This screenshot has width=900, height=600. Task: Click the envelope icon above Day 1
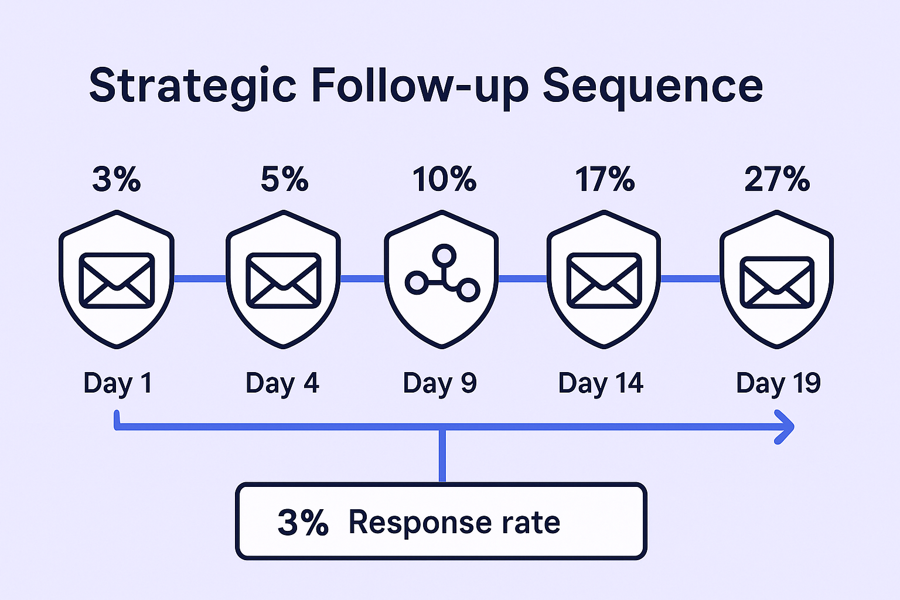[117, 281]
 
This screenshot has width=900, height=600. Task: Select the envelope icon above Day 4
[284, 281]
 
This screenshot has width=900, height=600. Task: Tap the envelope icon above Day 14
[604, 281]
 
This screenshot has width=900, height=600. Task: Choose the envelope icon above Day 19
[777, 282]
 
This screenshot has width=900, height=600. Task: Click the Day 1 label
[118, 384]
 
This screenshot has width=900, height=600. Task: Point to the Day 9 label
[440, 384]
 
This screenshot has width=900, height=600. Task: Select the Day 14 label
[601, 384]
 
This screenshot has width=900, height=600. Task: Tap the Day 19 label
[778, 384]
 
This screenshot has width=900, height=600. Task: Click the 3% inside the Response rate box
[304, 523]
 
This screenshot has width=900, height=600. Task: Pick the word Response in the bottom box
[420, 523]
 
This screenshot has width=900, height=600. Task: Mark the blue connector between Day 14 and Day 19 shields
[690, 278]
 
